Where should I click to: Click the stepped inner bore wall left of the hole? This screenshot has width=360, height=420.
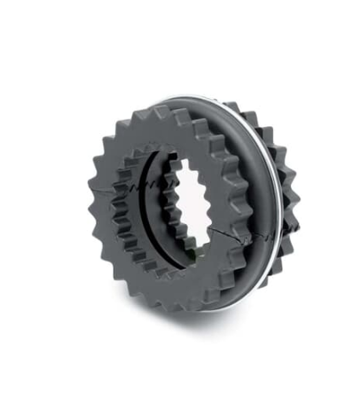click(x=162, y=213)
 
